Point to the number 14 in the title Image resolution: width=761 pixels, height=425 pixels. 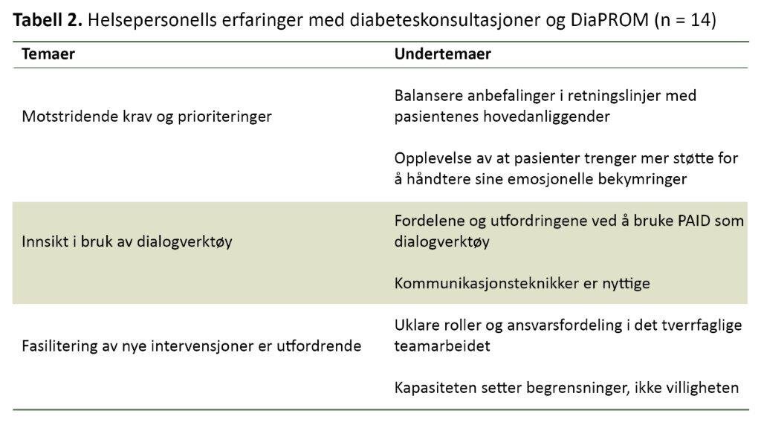[x=699, y=20]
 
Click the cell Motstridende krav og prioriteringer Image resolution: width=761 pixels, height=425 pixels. [x=146, y=117]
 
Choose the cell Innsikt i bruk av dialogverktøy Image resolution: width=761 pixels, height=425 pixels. [x=127, y=241]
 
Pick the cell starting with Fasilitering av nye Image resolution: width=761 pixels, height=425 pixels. [x=192, y=346]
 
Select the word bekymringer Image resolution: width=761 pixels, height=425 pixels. [x=644, y=179]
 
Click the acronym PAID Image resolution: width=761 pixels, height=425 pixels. [x=673, y=221]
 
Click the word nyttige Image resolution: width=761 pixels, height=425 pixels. [x=627, y=284]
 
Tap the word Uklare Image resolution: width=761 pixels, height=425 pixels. [x=414, y=325]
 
